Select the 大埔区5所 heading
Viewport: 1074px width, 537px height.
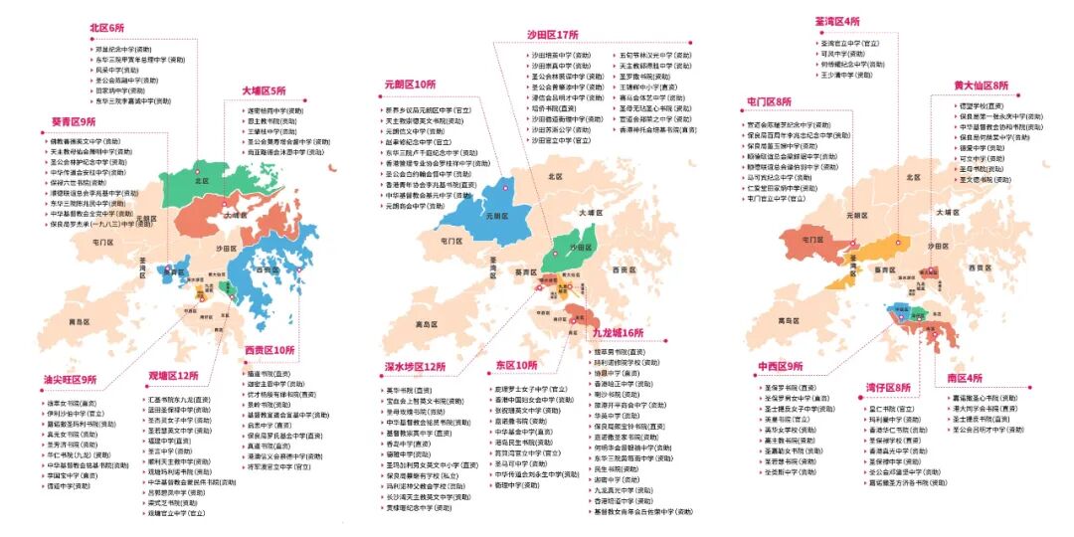pyautogui.click(x=263, y=90)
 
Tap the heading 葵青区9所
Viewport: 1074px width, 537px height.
pyautogui.click(x=74, y=121)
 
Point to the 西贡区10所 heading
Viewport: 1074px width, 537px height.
pyautogui.click(x=269, y=350)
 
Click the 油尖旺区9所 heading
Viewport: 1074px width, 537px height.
pyautogui.click(x=70, y=379)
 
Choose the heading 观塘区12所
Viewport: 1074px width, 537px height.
pyautogui.click(x=174, y=375)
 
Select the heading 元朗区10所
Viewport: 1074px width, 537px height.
pyautogui.click(x=410, y=85)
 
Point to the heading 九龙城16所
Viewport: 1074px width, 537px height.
pyautogui.click(x=618, y=332)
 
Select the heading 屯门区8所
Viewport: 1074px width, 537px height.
pyautogui.click(x=770, y=101)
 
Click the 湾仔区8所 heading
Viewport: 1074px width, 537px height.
pyautogui.click(x=887, y=387)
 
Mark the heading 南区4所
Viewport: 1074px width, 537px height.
pyautogui.click(x=964, y=378)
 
